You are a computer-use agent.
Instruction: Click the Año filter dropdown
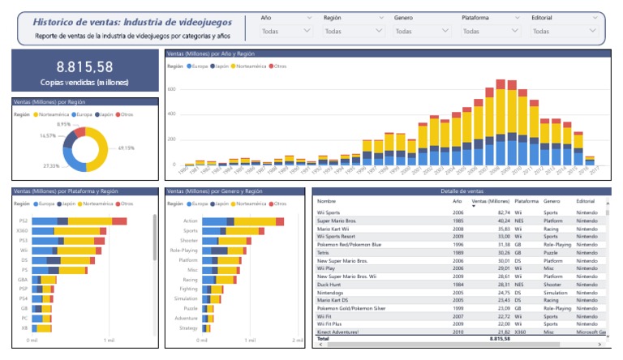[x=286, y=31]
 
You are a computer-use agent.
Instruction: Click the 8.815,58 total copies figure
[x=84, y=67]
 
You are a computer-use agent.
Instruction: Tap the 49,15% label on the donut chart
[x=126, y=148]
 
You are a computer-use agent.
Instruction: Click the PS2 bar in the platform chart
[x=79, y=221]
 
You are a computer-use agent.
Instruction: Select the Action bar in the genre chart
[x=242, y=221]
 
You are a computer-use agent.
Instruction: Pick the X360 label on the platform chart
[x=24, y=231]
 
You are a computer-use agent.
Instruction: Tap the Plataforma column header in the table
[x=526, y=200]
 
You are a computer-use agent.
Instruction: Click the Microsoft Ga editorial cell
[x=589, y=332]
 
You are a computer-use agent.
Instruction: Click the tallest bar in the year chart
[x=501, y=122]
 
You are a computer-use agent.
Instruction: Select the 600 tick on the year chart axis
[x=170, y=89]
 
